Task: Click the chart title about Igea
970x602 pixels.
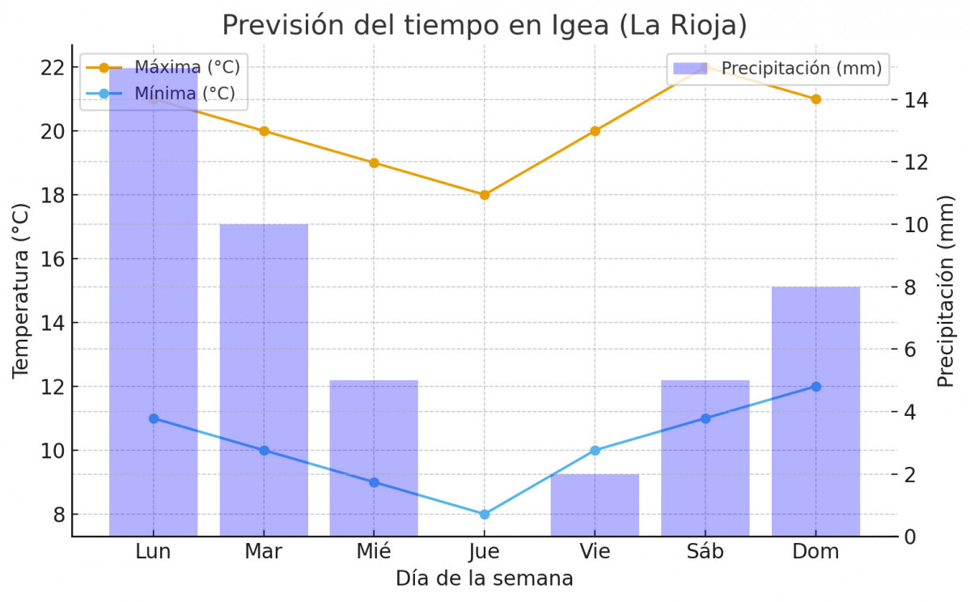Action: click(x=484, y=24)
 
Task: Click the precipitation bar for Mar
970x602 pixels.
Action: click(x=264, y=380)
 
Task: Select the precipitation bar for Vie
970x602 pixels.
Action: click(x=595, y=505)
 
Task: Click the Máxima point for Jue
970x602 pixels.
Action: click(x=485, y=195)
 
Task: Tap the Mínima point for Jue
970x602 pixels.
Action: click(x=485, y=515)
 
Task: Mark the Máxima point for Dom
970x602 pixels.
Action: click(x=815, y=99)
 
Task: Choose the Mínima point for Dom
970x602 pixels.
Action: click(x=815, y=387)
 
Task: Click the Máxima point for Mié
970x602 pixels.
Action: click(x=374, y=163)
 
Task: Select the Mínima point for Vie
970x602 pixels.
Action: click(x=595, y=450)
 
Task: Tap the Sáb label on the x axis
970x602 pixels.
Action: click(x=705, y=552)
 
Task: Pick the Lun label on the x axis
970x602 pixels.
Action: click(x=153, y=552)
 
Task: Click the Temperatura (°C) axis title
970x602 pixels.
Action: click(x=21, y=290)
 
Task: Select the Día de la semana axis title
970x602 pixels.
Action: click(x=484, y=579)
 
